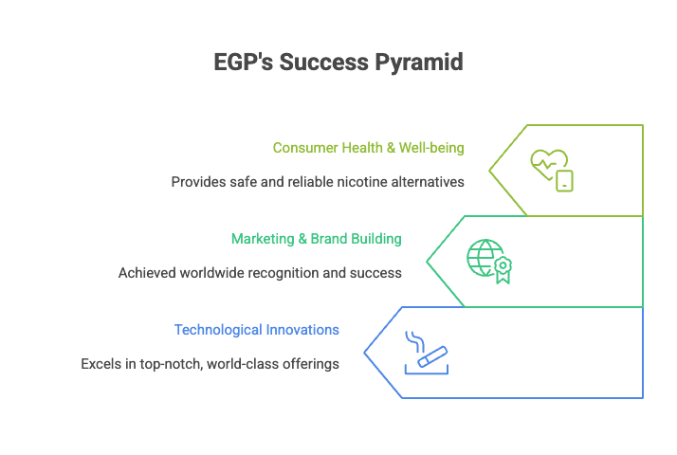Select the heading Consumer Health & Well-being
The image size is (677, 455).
368,148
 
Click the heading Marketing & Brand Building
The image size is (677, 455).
316,239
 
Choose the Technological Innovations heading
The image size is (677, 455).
257,330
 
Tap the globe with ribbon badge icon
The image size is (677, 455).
488,261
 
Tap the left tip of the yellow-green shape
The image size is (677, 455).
490,170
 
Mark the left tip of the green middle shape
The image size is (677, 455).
428,261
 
